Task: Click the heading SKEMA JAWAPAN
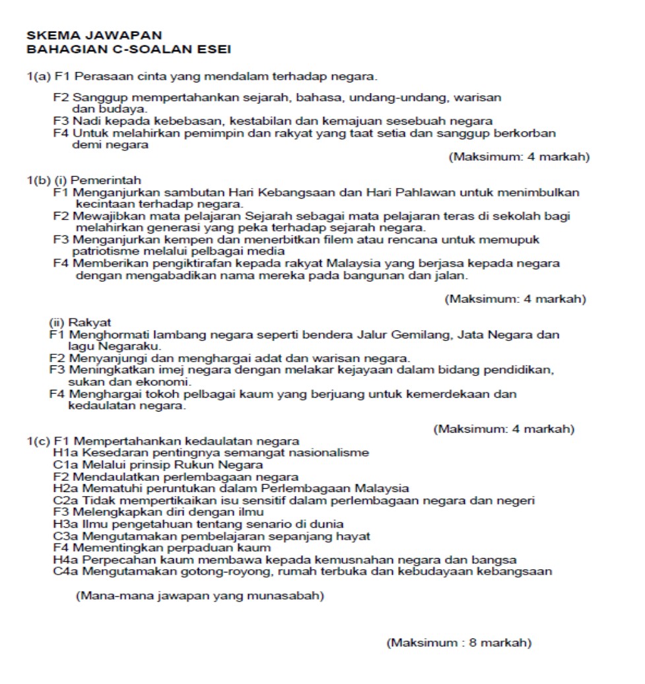pos(94,35)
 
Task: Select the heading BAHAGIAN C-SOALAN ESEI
pos(128,48)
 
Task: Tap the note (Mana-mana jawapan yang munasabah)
pos(200,596)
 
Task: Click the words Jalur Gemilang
pos(411,335)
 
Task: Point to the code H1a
pos(64,452)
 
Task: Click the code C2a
pos(64,500)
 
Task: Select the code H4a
pos(64,559)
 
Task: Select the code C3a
pos(64,536)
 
